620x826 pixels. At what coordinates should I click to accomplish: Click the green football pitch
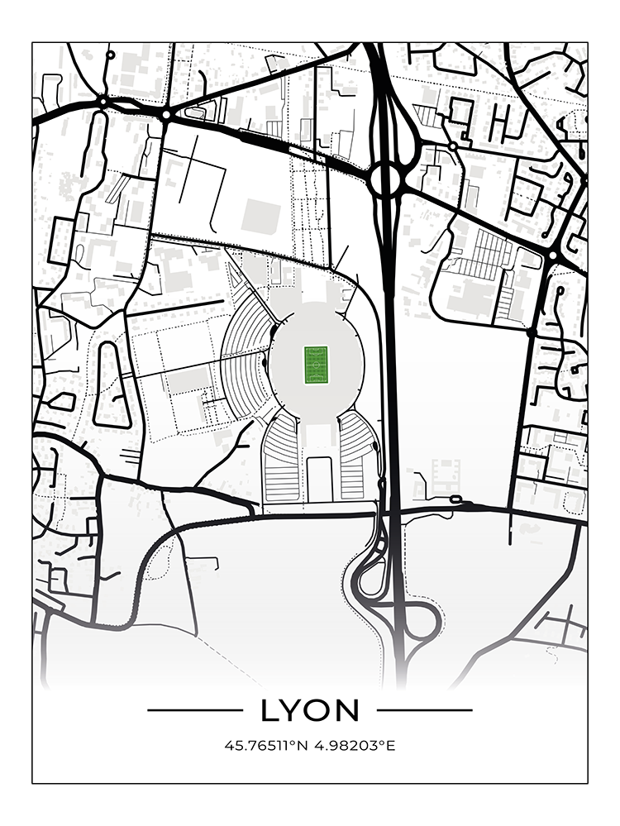click(317, 365)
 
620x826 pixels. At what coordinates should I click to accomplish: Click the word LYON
click(310, 710)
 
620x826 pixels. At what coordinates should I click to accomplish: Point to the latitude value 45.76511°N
click(266, 746)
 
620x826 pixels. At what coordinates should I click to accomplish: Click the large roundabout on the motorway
click(385, 179)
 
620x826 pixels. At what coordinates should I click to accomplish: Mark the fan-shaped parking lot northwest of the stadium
click(248, 329)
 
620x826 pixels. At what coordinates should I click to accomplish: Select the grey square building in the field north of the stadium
click(260, 214)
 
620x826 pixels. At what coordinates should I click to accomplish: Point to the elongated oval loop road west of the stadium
click(113, 384)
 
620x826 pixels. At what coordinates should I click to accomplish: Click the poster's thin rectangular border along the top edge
click(310, 43)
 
